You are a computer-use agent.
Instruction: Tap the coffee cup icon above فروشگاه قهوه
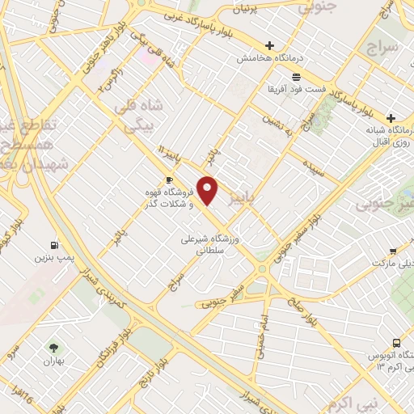click(x=169, y=180)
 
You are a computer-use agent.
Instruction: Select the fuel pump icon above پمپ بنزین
click(x=53, y=245)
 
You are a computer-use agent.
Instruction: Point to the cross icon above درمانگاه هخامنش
click(x=269, y=46)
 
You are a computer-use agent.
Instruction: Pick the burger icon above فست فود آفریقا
click(x=296, y=76)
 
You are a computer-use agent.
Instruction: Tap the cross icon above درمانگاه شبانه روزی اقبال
click(x=391, y=117)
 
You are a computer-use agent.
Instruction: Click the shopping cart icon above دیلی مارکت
click(x=392, y=251)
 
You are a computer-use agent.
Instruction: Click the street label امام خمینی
click(x=260, y=332)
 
